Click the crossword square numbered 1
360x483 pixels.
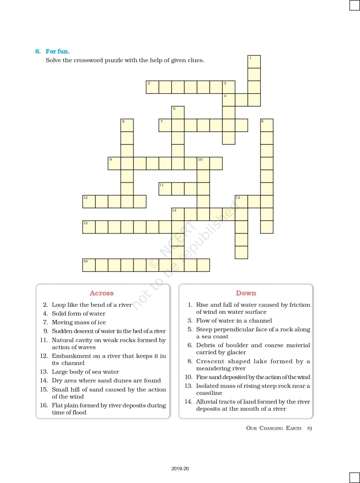coord(254,62)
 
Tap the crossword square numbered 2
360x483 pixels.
coord(152,87)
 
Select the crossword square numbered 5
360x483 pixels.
coord(178,112)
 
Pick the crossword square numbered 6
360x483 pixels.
coord(127,125)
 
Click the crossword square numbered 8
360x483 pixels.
coord(267,125)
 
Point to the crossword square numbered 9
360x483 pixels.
coord(114,163)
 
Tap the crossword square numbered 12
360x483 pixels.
coord(89,201)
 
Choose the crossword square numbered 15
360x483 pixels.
coord(89,227)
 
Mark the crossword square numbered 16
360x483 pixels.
coord(89,265)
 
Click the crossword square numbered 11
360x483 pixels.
coord(165,189)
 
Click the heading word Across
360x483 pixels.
coord(102,293)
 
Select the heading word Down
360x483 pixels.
coord(246,293)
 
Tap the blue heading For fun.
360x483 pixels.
coord(57,51)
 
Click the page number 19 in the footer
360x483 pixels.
coord(309,428)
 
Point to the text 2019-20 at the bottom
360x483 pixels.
coord(180,469)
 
